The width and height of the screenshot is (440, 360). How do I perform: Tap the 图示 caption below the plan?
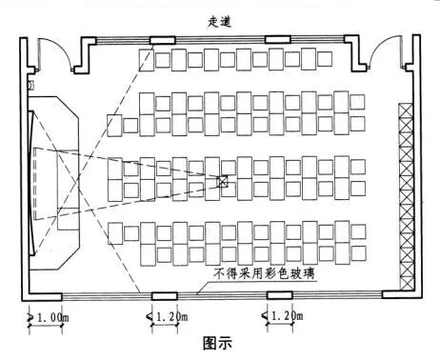tap(219, 339)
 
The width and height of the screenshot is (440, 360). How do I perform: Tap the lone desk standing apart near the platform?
tap(115, 125)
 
